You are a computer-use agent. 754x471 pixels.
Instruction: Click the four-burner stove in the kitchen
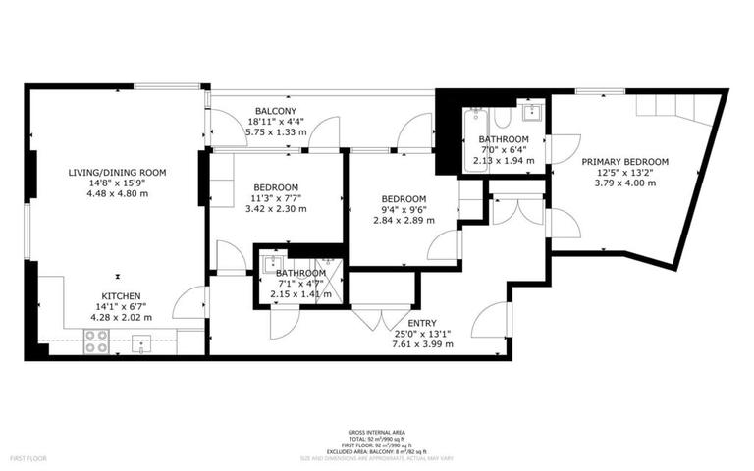click(96, 340)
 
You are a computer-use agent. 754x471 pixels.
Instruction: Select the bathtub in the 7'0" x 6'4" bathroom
click(477, 139)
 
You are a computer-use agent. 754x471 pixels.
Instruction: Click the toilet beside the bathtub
click(503, 120)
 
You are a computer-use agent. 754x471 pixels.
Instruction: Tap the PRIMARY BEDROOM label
click(624, 162)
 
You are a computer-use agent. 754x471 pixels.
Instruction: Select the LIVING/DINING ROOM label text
click(117, 172)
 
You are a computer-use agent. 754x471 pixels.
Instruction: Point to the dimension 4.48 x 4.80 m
click(117, 193)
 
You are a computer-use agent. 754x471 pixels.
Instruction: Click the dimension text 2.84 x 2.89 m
click(403, 220)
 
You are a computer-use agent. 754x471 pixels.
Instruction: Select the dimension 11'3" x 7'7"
click(276, 198)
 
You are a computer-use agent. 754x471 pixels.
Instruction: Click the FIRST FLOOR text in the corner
click(30, 458)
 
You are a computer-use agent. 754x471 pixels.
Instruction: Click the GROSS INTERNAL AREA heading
click(376, 433)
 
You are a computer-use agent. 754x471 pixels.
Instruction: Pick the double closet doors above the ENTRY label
click(368, 318)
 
